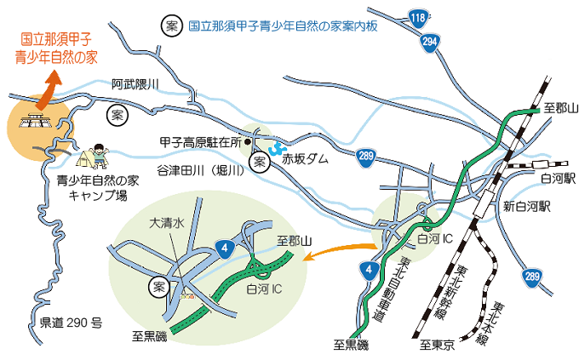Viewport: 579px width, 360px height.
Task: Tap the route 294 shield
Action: (x=430, y=41)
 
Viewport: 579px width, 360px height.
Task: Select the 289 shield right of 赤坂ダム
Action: (x=365, y=157)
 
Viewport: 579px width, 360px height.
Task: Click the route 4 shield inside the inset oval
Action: (x=224, y=249)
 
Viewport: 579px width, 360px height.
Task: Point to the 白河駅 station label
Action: (x=558, y=178)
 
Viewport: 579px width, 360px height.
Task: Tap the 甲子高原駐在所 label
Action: (x=200, y=142)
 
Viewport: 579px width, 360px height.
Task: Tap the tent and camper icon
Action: (x=94, y=155)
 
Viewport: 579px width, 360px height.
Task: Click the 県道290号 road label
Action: (x=72, y=323)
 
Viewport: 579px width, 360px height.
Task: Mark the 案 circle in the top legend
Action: (x=171, y=26)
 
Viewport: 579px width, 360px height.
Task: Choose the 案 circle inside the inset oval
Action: (x=158, y=286)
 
